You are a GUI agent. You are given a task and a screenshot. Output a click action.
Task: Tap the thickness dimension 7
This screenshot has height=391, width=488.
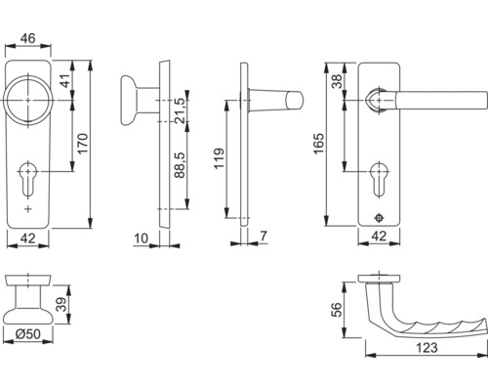(265, 238)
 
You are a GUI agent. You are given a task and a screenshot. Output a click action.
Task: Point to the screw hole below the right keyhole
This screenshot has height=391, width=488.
(379, 217)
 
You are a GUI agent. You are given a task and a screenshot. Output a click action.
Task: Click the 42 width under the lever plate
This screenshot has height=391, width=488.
(379, 238)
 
